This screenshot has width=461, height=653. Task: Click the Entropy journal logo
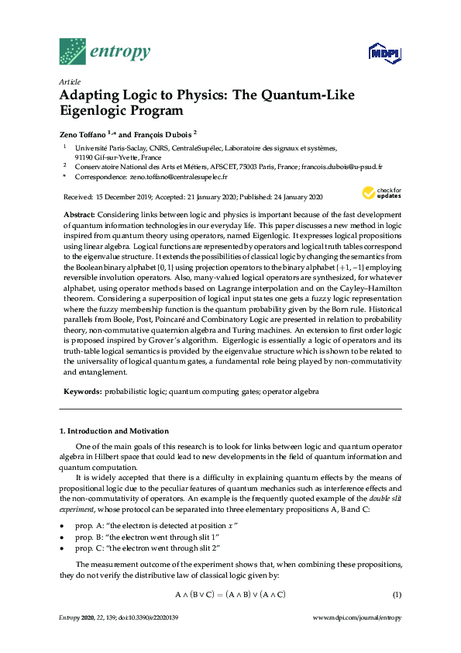pyautogui.click(x=105, y=52)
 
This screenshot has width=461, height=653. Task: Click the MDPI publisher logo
pyautogui.click(x=384, y=54)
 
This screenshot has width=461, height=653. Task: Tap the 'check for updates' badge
pyautogui.click(x=376, y=194)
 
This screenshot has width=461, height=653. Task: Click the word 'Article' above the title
pyautogui.click(x=69, y=81)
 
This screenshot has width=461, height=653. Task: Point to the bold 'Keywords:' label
pyautogui.click(x=82, y=392)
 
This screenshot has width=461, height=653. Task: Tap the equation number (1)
pyautogui.click(x=397, y=595)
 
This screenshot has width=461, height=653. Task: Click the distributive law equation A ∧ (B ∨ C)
pyautogui.click(x=230, y=595)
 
